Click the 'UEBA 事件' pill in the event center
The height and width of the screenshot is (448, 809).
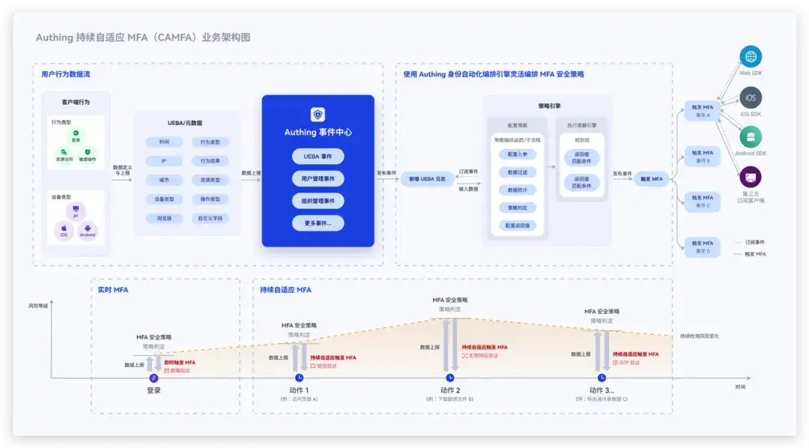318,157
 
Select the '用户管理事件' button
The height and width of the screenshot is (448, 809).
318,178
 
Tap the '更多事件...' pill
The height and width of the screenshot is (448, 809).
318,223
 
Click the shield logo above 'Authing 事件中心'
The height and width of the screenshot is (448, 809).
318,115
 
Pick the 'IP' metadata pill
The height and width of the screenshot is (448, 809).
163,161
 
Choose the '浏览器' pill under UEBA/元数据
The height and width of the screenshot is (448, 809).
163,219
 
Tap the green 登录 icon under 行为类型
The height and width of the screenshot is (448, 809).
76,135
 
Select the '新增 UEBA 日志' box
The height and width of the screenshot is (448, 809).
427,180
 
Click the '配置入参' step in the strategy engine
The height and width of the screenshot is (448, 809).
517,154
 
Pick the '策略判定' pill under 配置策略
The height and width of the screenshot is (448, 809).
517,208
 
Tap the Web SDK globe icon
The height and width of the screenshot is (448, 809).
750,57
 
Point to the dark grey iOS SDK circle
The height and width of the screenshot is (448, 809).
750,97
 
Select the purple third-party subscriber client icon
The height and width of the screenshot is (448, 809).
750,178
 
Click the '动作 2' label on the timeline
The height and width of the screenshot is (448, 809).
450,390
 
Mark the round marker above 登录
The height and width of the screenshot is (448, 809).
154,377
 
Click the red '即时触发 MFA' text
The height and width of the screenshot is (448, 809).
180,363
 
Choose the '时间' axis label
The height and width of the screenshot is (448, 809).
740,387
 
